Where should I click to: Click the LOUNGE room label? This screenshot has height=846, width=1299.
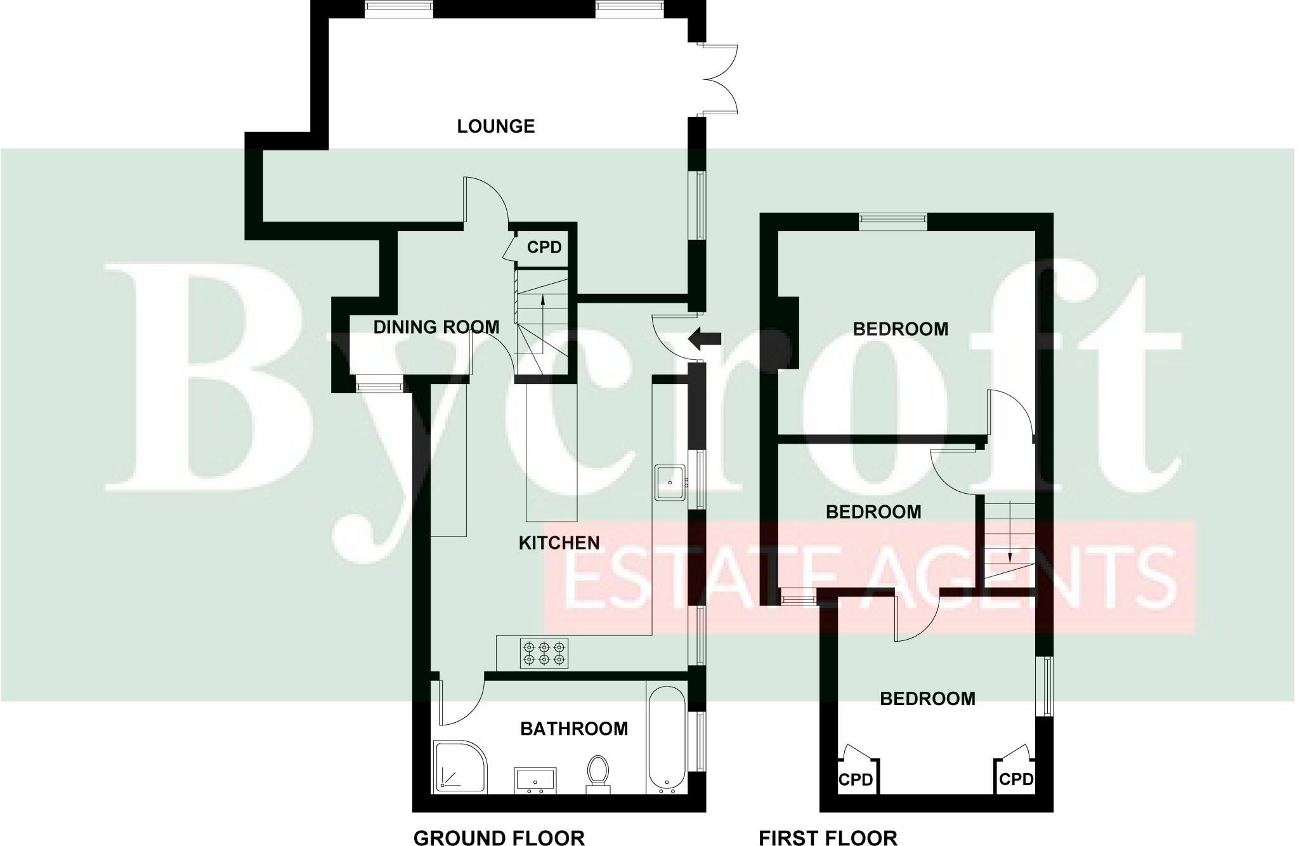495,126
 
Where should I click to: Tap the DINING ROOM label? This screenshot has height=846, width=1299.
436,327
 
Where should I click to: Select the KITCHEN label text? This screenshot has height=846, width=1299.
559,543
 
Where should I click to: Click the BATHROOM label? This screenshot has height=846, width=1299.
574,729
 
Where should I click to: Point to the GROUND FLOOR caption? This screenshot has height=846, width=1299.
499,838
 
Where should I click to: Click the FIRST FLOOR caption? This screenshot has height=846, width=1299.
828,838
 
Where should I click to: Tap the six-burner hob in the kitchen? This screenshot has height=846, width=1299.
544,654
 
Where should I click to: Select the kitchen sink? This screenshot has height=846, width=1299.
670,482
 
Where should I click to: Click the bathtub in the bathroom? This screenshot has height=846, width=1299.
666,739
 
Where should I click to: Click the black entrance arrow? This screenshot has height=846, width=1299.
705,338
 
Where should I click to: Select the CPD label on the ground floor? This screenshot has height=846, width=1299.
544,247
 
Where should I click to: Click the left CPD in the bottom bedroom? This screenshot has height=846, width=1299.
856,779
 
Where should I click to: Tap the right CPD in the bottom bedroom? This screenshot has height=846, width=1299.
1015,778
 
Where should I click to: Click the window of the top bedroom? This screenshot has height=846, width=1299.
892,220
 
